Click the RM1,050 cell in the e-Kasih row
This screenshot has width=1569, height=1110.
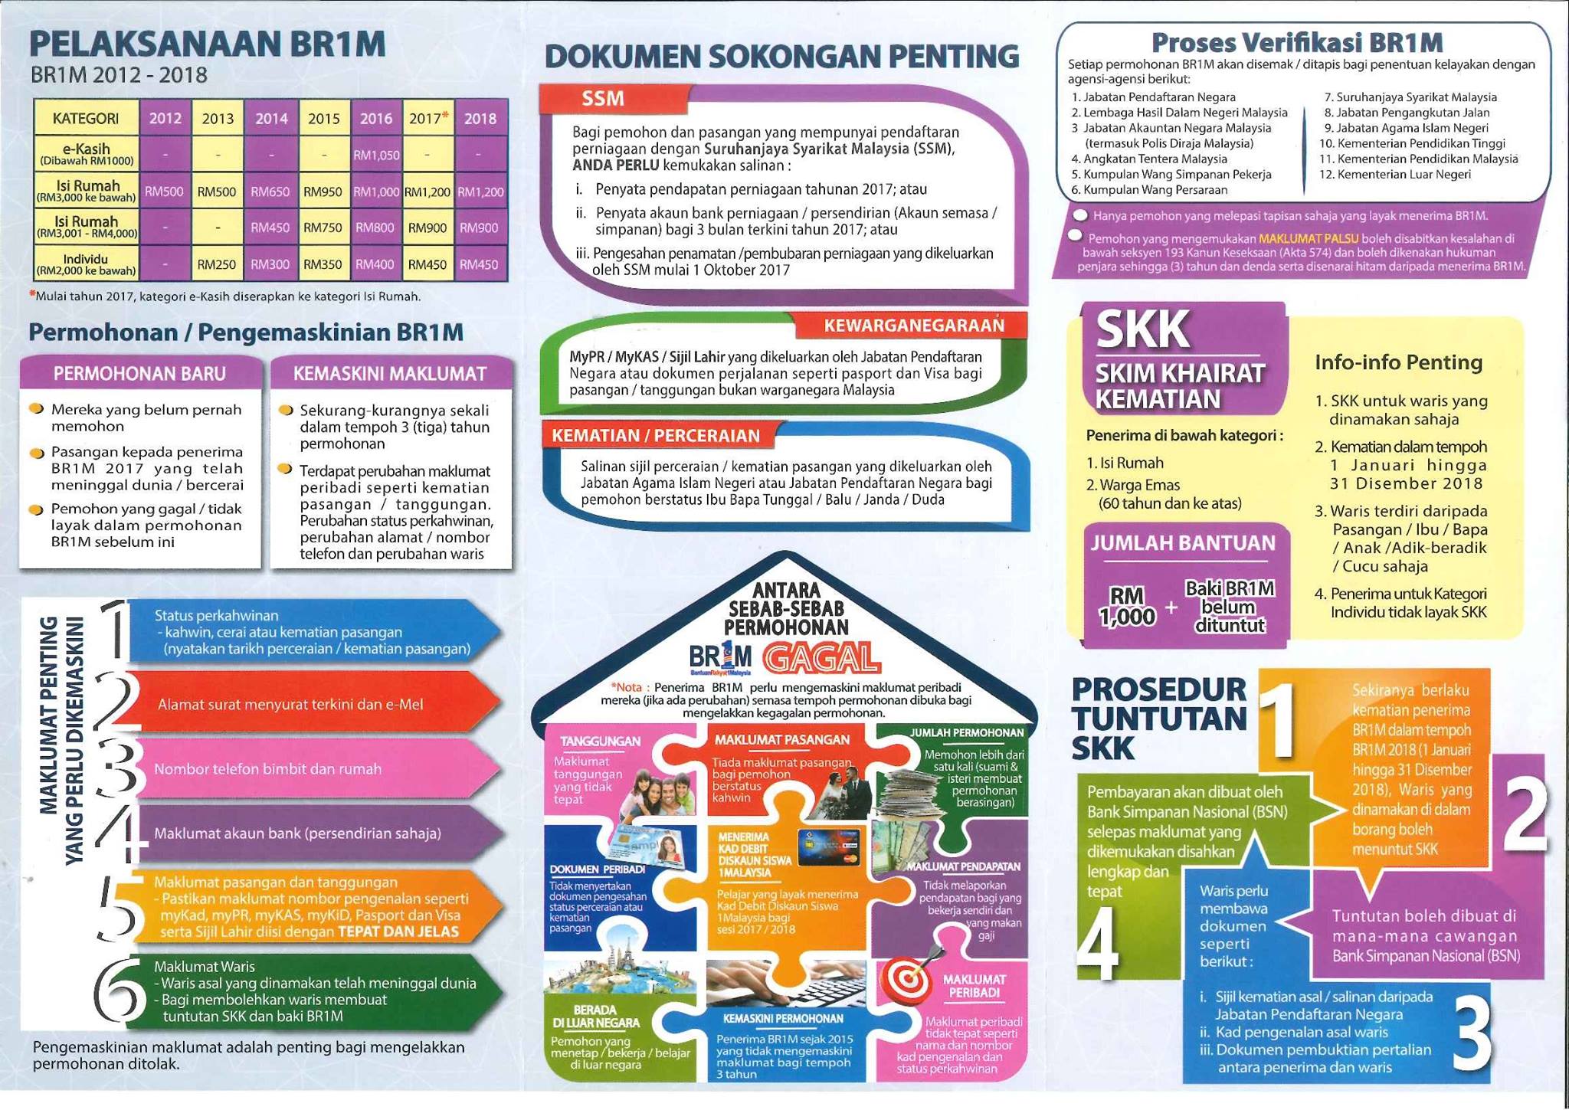376,155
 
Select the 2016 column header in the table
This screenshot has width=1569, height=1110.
376,118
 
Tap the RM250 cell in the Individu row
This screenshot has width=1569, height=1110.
217,264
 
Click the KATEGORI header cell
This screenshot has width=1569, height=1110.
86,118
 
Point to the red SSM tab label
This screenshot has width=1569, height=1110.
604,99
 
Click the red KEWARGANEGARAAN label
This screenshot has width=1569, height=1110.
913,326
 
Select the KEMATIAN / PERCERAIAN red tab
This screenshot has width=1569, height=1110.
657,435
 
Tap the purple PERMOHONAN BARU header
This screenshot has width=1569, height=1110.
139,373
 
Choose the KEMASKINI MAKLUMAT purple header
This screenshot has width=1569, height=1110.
390,373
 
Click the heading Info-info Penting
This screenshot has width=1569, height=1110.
1398,362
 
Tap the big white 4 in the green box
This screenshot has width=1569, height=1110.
1098,943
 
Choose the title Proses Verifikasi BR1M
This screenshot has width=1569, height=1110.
1297,41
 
